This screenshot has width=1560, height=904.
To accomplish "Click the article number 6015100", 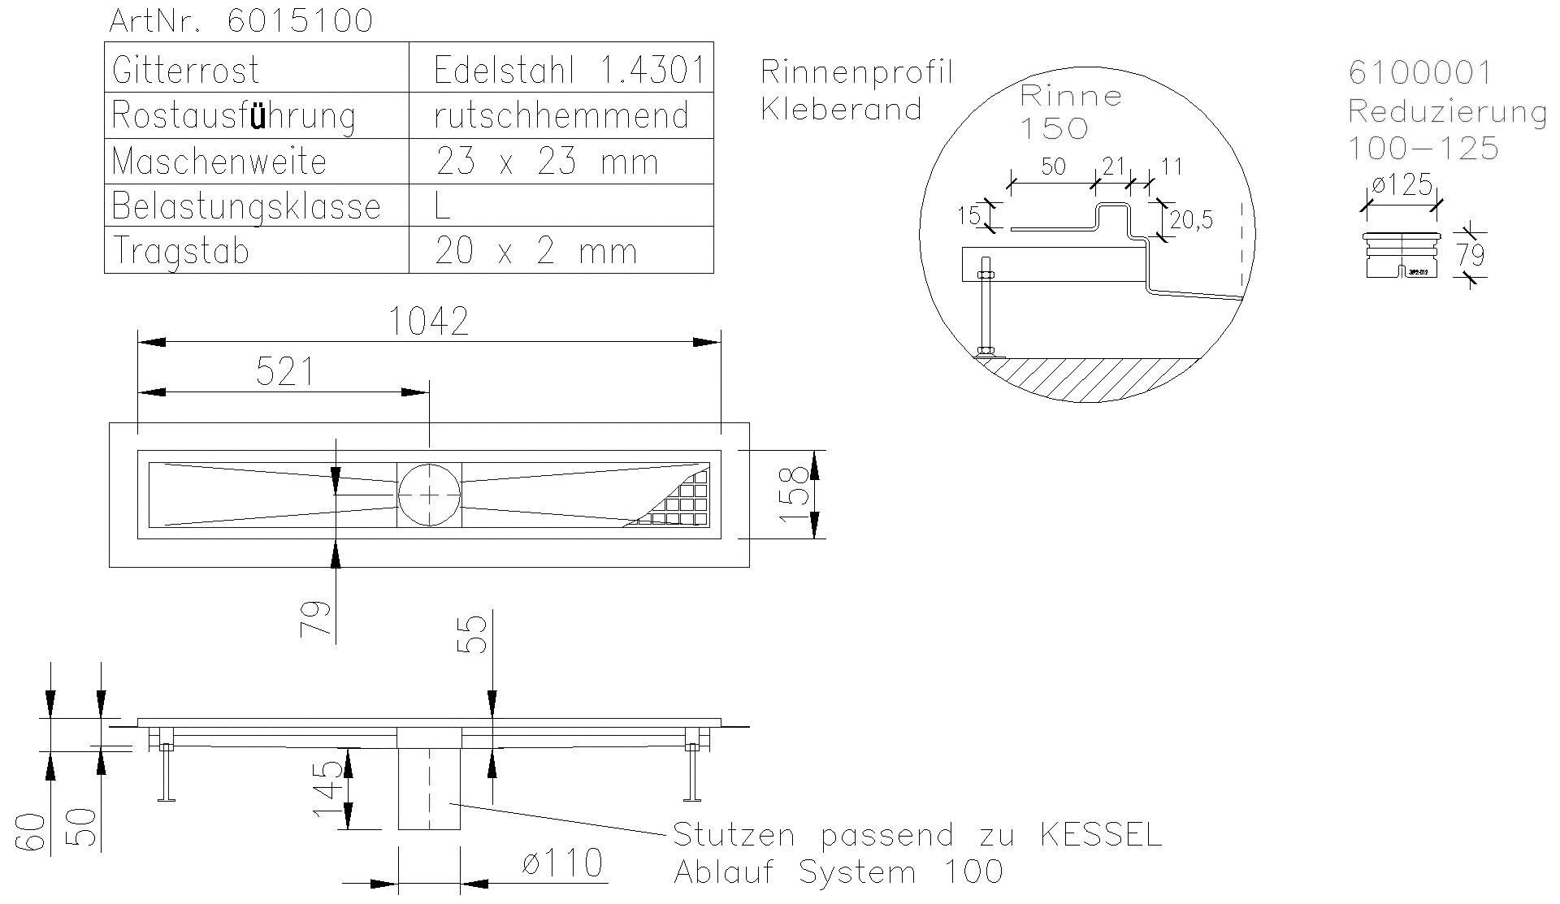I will coord(300,21).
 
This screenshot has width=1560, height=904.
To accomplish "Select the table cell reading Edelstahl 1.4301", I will coord(568,71).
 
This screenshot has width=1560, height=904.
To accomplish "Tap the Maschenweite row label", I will coord(219,162).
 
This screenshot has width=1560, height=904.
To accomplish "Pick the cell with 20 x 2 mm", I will coord(535,251).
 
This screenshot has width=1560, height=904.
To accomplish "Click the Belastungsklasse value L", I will coord(443,206).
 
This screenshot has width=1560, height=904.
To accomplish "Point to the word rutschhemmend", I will coord(561,116).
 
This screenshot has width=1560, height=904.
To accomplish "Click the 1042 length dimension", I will coord(428,322).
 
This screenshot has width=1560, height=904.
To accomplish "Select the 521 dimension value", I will coord(284,373).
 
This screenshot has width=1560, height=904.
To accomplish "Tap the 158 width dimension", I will coord(798,495).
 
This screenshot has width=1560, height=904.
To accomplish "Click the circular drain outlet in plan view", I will coord(429,495).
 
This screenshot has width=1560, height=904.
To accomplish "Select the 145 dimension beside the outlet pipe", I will coord(329,790).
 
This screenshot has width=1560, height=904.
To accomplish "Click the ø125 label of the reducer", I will coord(1402,186).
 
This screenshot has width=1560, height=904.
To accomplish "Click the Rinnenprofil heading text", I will coord(856,73).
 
